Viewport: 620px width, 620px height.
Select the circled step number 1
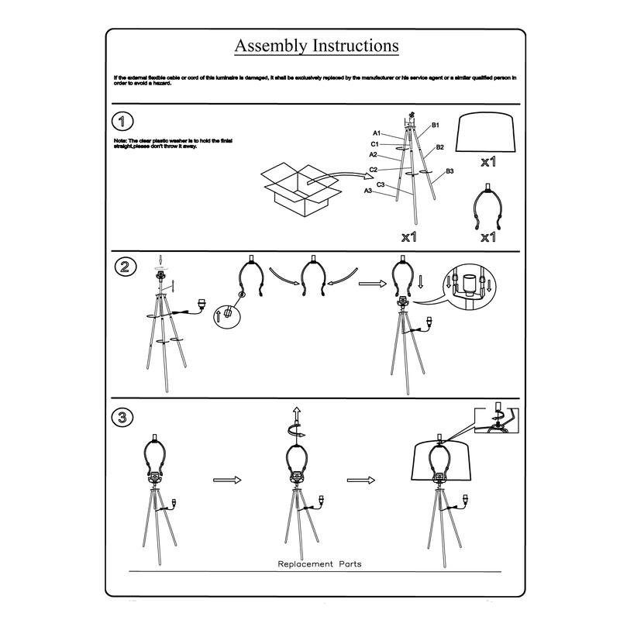coord(122,121)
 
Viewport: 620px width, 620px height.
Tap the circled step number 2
coord(122,268)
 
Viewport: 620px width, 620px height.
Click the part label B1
coord(436,125)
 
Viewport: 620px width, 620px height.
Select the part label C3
coord(381,184)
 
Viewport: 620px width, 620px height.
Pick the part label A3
coord(368,191)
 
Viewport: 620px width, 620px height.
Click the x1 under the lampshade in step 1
coord(488,163)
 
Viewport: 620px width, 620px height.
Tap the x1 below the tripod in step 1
coord(410,236)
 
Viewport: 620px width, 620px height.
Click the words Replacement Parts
coord(319,563)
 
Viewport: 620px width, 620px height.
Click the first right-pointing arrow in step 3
coord(224,480)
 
